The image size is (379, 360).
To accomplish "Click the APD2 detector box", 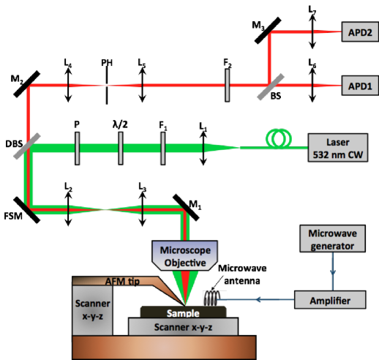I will [x=360, y=33].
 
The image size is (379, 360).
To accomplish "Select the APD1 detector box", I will [x=360, y=86].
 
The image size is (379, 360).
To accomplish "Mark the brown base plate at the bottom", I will [x=164, y=347].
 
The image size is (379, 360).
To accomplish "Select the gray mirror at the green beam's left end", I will [x=24, y=147].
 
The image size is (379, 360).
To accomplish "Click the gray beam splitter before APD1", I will [x=267, y=86].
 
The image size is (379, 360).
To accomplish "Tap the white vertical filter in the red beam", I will [x=228, y=86].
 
